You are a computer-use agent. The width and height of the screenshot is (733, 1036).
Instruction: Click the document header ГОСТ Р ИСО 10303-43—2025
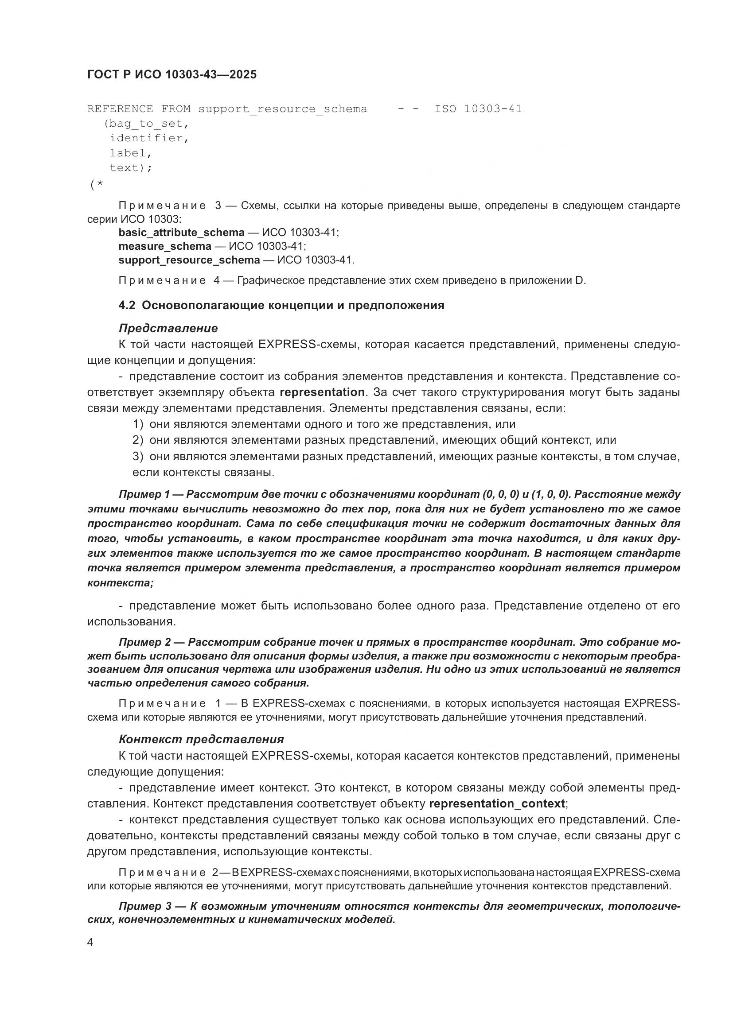coord(172,74)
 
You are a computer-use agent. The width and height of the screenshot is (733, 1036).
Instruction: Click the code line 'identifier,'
coord(149,138)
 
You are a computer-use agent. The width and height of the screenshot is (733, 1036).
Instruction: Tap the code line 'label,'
coord(130,153)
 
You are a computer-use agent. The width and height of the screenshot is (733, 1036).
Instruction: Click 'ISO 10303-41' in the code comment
coord(478,109)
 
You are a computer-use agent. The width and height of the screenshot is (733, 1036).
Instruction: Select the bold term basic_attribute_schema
coord(181,233)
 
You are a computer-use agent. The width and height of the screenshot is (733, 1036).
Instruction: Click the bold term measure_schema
coord(165,246)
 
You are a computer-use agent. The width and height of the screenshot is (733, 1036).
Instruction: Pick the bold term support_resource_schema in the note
coord(189,260)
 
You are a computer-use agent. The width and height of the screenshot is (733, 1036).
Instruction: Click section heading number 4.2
coord(127,306)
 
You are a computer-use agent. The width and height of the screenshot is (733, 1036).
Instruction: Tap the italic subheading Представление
coord(168,328)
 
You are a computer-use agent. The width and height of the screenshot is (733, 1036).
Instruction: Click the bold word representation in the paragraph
coord(322,392)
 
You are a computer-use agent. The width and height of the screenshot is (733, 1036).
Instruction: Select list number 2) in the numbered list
coord(138,440)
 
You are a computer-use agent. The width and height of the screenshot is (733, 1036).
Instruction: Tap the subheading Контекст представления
coord(201,739)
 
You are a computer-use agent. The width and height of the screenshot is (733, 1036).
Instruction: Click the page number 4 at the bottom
coord(90,943)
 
